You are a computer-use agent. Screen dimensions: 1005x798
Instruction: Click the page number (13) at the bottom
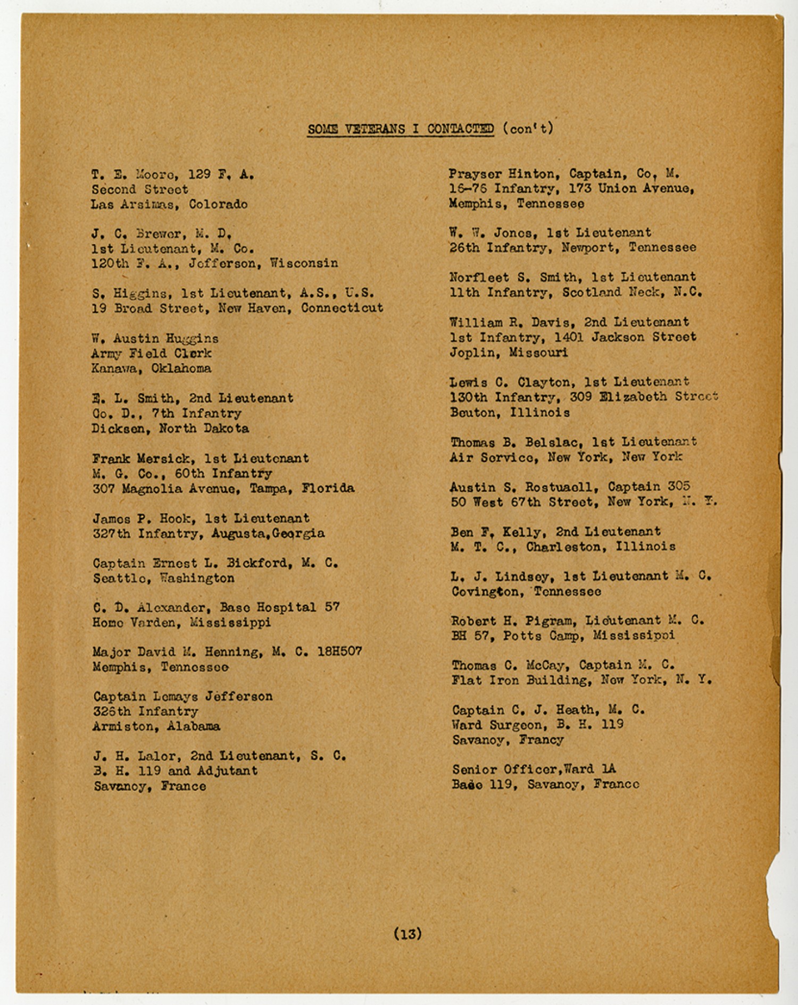pyautogui.click(x=408, y=933)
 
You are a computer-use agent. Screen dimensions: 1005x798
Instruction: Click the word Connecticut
pyautogui.click(x=342, y=308)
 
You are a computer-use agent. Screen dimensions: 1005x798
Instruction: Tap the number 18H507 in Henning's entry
pyautogui.click(x=339, y=652)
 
